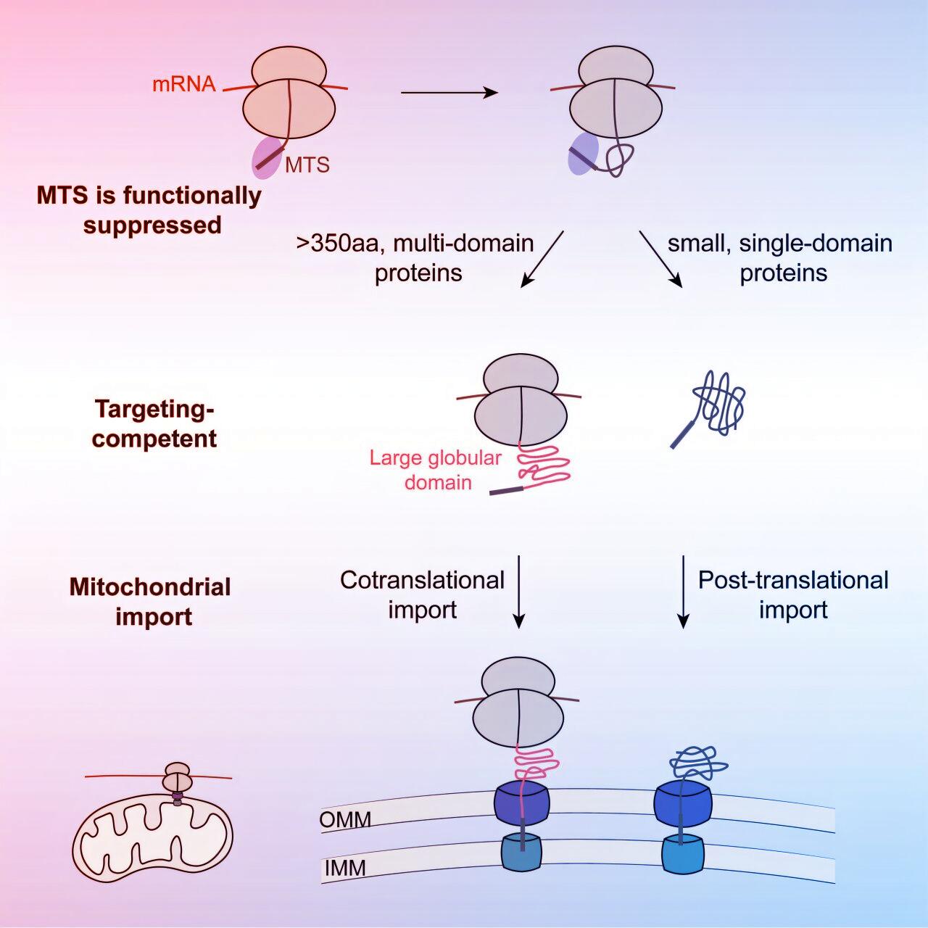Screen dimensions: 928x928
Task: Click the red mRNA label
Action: point(183,84)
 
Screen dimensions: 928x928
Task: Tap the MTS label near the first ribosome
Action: point(307,165)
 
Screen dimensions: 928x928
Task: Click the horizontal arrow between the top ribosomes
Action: point(449,93)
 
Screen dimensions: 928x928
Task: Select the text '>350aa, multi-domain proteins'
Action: point(416,258)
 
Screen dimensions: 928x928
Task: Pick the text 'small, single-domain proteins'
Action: point(781,258)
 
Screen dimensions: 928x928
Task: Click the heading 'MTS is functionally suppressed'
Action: point(149,210)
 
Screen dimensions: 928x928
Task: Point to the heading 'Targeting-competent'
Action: point(154,424)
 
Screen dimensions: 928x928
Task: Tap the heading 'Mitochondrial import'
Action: point(151,602)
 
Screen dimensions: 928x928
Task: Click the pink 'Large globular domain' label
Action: point(436,471)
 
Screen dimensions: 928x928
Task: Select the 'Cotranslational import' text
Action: point(423,594)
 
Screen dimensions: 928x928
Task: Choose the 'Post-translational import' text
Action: point(793,594)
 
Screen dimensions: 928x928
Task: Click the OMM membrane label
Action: point(345,820)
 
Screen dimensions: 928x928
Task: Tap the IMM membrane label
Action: point(344,868)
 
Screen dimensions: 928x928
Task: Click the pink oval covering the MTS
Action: point(267,158)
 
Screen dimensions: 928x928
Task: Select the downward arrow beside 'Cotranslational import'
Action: point(518,592)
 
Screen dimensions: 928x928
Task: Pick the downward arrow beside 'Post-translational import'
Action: point(683,592)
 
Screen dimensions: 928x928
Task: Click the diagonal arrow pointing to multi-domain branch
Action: point(542,259)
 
